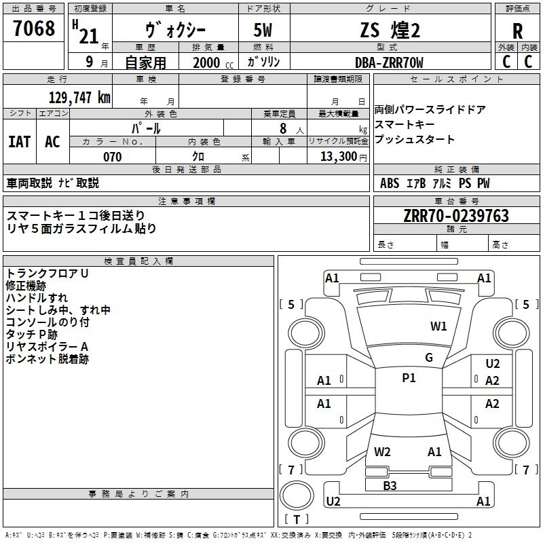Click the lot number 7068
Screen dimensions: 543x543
tap(34, 29)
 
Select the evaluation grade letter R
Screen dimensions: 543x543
tap(517, 31)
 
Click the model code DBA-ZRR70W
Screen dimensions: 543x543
tap(389, 62)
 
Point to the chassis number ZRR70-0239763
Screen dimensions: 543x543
tap(455, 216)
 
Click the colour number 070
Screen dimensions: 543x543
tap(112, 157)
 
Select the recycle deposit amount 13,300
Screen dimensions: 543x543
tap(337, 157)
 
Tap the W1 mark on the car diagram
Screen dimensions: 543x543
tap(438, 326)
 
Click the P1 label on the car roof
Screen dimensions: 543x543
tap(409, 378)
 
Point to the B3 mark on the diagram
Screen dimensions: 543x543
tap(390, 485)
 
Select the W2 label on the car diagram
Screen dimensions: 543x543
tap(382, 451)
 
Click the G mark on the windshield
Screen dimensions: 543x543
tap(428, 358)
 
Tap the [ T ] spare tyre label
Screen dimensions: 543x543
tap(297, 519)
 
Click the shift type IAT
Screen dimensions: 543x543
tap(19, 141)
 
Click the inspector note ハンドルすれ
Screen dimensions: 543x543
tap(36, 297)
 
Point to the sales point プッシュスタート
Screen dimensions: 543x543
tap(414, 140)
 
